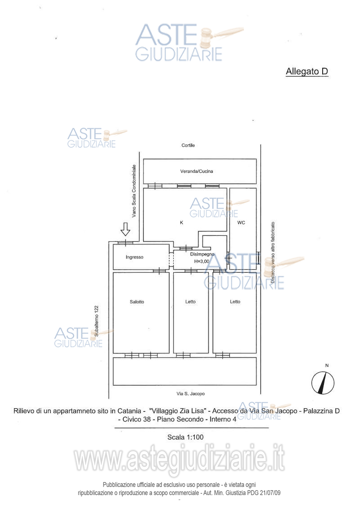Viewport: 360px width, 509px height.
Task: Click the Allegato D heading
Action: pos(307,72)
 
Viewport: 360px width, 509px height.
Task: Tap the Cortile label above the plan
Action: pos(188,145)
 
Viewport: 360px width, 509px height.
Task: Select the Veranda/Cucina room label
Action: pos(197,171)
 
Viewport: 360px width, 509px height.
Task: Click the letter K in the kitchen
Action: pos(181,223)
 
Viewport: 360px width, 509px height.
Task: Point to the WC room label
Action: pos(241,223)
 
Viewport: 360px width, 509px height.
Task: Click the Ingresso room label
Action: pos(135,257)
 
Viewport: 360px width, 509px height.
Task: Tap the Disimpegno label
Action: pos(202,254)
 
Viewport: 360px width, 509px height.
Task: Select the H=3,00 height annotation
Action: pos(202,261)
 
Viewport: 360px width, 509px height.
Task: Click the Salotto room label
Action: pos(137,302)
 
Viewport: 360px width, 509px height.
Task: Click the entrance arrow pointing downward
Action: pos(125,229)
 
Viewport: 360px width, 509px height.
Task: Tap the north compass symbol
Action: pos(323,383)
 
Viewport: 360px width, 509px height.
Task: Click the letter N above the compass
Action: pos(327,365)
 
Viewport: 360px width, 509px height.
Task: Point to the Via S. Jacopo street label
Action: pos(190,394)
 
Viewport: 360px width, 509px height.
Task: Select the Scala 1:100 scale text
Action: pos(185,437)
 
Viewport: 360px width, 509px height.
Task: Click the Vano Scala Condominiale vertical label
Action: pos(134,191)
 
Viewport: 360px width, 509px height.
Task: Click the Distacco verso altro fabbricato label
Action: pos(273,252)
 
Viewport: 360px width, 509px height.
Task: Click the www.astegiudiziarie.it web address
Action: pos(180,458)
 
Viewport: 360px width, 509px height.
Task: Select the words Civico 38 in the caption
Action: pos(137,419)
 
